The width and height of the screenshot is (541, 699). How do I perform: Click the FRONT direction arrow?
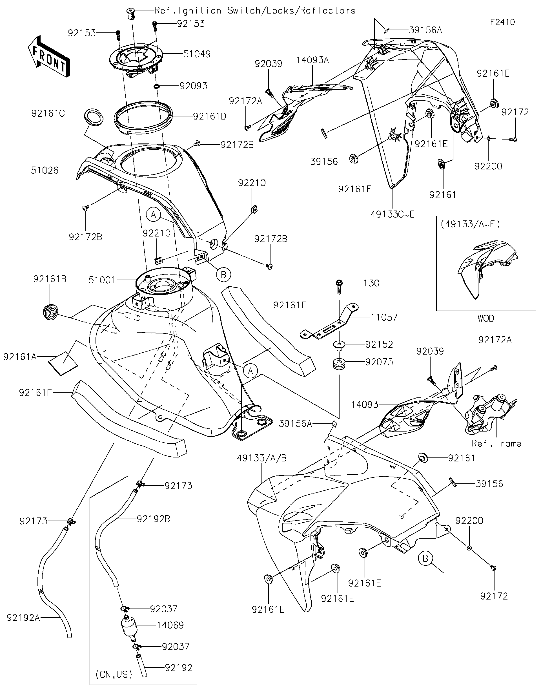(49, 57)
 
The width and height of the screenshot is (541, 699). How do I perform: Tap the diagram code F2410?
(503, 22)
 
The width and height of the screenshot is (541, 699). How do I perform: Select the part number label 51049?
(197, 54)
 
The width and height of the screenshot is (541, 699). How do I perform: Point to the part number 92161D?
(209, 116)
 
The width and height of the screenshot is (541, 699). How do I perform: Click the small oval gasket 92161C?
(93, 116)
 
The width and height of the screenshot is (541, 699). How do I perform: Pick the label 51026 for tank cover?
(45, 170)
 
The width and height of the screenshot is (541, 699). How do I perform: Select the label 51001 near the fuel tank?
(102, 280)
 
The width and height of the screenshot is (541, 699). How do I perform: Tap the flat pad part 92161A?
(63, 363)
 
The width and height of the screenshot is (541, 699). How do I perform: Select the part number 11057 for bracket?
(384, 317)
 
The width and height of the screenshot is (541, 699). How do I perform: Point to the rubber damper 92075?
(340, 364)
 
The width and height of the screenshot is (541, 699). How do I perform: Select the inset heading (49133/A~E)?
(470, 224)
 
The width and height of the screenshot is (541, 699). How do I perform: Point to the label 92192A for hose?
(23, 618)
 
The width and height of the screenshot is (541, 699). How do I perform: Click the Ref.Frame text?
(496, 443)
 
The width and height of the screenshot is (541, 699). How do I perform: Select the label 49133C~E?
(392, 214)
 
